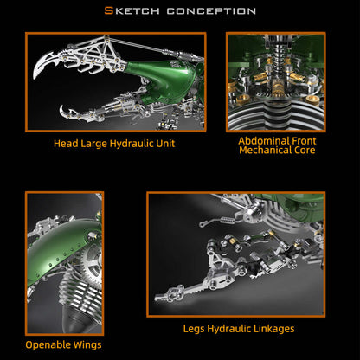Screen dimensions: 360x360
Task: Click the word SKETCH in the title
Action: pyautogui.click(x=131, y=11)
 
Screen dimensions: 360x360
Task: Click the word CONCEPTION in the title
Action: pyautogui.click(x=210, y=11)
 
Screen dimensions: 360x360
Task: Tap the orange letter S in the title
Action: pyautogui.click(x=107, y=11)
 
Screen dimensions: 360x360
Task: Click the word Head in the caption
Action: pyautogui.click(x=67, y=143)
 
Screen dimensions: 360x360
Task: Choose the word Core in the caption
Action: pyautogui.click(x=303, y=151)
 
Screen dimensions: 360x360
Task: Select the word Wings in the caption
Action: pyautogui.click(x=87, y=345)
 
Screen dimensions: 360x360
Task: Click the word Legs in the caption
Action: pyautogui.click(x=195, y=329)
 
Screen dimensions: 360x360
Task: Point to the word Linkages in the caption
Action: pyautogui.click(x=271, y=329)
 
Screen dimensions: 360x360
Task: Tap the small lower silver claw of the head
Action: pyautogui.click(x=68, y=112)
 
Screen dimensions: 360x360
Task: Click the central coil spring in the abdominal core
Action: pyautogui.click(x=277, y=64)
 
